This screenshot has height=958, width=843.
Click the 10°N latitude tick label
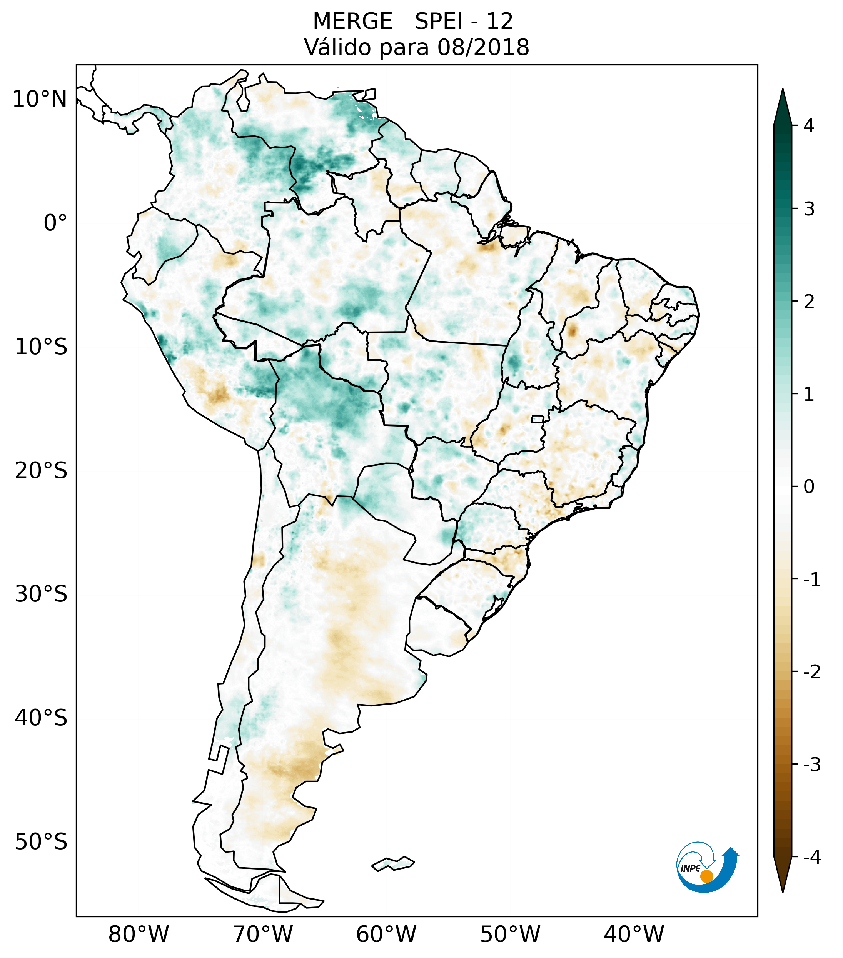tap(40, 99)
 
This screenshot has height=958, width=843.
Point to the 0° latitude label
tap(55, 223)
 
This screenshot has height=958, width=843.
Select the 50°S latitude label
tap(41, 842)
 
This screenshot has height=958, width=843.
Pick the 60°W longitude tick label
tap(386, 934)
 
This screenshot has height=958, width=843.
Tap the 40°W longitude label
tap(634, 934)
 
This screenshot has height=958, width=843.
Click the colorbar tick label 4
tap(809, 126)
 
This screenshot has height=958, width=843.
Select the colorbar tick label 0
tap(809, 487)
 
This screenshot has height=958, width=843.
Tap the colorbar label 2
tap(809, 302)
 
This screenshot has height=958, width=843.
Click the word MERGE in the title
tap(352, 22)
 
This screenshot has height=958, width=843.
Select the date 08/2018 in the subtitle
tap(483, 47)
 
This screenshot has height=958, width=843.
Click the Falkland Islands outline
tap(393, 863)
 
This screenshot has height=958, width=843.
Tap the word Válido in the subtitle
tap(337, 47)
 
